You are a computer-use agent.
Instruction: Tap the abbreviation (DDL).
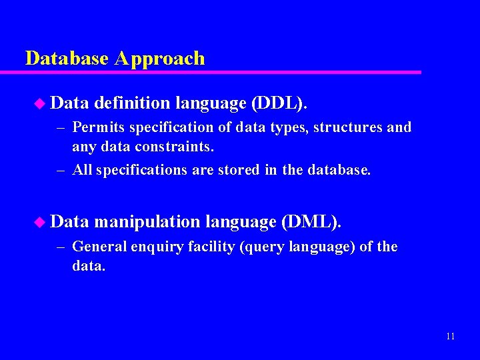click(x=279, y=103)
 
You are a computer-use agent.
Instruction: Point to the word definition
click(x=133, y=103)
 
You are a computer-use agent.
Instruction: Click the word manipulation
click(x=147, y=222)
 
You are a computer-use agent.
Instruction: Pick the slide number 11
click(x=450, y=336)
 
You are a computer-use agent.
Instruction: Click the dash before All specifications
click(x=60, y=171)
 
